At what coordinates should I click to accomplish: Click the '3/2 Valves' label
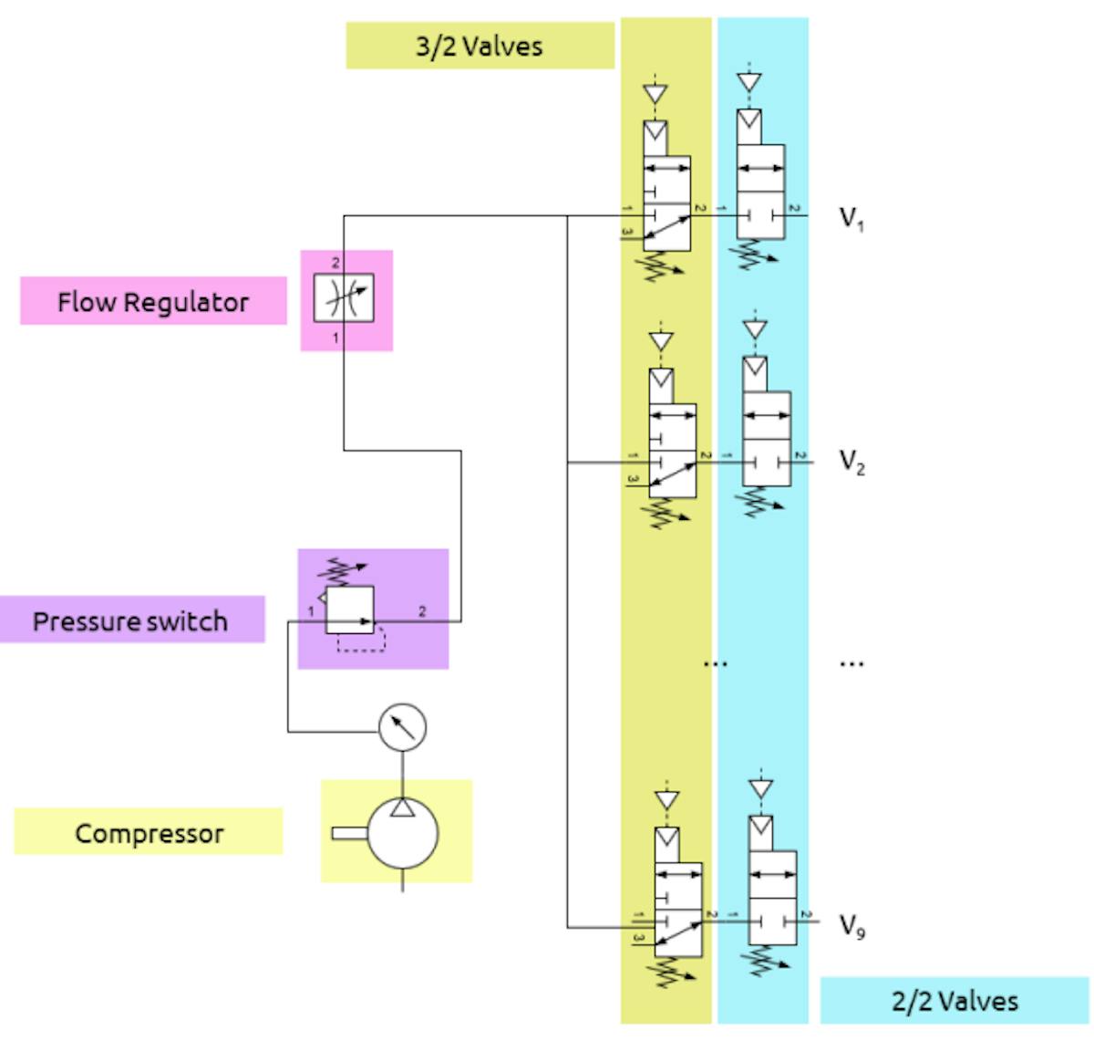click(x=480, y=47)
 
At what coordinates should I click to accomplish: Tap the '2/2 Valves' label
click(x=955, y=1001)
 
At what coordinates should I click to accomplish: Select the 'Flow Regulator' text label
click(x=153, y=302)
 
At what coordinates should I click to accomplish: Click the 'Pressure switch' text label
click(x=130, y=621)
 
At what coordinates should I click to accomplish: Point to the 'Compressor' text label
click(x=150, y=834)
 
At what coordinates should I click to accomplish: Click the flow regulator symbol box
click(x=344, y=297)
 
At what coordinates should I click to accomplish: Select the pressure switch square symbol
click(x=350, y=609)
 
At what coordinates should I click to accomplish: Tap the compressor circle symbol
click(x=402, y=833)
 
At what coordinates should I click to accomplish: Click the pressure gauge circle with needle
click(x=402, y=726)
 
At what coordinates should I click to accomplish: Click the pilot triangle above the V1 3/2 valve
click(x=655, y=94)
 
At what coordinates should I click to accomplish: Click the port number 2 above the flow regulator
click(x=335, y=263)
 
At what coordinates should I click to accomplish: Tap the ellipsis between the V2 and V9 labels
click(x=851, y=663)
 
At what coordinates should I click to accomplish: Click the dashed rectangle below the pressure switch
click(x=362, y=641)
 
